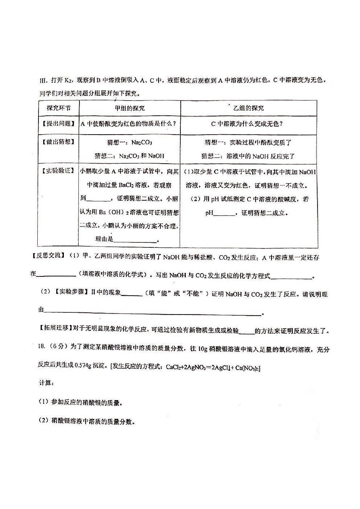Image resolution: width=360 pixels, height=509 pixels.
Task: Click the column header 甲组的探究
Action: tap(130, 108)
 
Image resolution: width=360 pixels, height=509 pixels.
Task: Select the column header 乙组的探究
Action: tap(249, 108)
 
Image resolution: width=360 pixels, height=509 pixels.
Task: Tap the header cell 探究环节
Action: tap(58, 108)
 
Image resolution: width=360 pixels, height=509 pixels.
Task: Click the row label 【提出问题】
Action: tap(58, 123)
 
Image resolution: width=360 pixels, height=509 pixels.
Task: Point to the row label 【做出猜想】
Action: tap(58, 142)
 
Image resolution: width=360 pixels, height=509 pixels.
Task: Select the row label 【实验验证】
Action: tap(58, 171)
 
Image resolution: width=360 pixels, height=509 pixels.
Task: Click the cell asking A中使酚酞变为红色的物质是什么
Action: tap(130, 124)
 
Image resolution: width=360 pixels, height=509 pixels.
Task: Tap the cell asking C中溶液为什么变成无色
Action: tap(247, 124)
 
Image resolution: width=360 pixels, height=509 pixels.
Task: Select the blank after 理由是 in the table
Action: tap(135, 240)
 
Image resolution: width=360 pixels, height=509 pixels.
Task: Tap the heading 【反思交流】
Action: tap(48, 257)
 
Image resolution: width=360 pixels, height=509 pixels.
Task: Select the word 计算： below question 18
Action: tap(46, 383)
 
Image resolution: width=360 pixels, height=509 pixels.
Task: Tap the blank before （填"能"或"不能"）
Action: tap(131, 294)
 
